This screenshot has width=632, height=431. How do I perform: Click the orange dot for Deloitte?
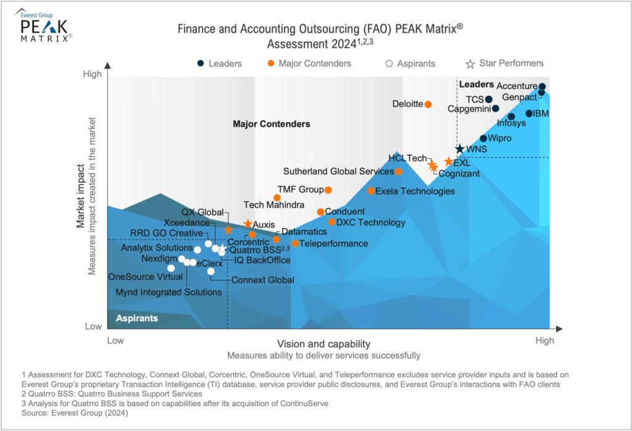tap(428, 104)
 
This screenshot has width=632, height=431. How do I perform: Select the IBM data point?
tap(529, 114)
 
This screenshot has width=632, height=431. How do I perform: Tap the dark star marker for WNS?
tap(459, 149)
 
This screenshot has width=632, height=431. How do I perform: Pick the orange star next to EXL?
tap(448, 162)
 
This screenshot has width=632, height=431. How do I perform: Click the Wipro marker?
tap(483, 138)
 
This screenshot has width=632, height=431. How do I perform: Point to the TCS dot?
tap(489, 99)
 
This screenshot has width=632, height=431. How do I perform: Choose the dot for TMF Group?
tap(328, 190)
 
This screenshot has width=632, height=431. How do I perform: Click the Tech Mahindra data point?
tap(277, 198)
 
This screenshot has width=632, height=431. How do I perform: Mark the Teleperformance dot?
tap(295, 243)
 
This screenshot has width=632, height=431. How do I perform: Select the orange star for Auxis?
tap(247, 224)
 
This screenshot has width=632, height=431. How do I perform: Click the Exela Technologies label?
tap(415, 191)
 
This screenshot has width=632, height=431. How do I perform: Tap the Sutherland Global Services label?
tap(338, 172)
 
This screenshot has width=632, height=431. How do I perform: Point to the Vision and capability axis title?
tap(323, 344)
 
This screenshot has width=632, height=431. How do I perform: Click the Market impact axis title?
tap(81, 196)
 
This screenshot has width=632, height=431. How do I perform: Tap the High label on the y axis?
tap(92, 74)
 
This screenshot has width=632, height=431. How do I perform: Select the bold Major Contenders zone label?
tap(271, 124)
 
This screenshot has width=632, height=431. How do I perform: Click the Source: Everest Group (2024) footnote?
tap(73, 412)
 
